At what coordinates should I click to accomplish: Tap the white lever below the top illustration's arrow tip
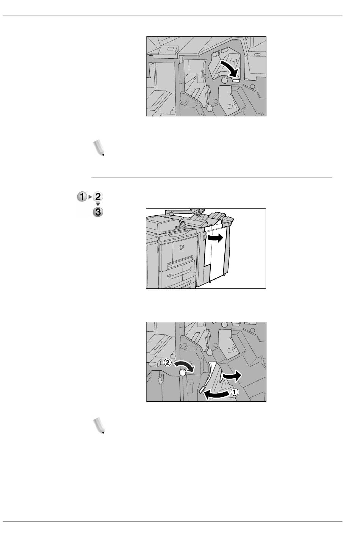click(x=236, y=81)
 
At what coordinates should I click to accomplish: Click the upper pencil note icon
click(x=99, y=148)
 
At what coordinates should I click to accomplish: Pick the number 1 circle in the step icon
click(x=82, y=197)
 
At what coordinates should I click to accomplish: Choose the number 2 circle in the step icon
click(x=98, y=197)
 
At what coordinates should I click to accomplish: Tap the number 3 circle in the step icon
click(x=98, y=212)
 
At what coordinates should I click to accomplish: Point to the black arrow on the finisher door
click(x=215, y=238)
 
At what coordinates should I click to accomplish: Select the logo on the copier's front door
click(x=182, y=247)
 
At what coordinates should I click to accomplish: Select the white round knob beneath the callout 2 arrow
click(x=182, y=373)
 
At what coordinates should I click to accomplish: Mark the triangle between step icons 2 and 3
click(x=98, y=204)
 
